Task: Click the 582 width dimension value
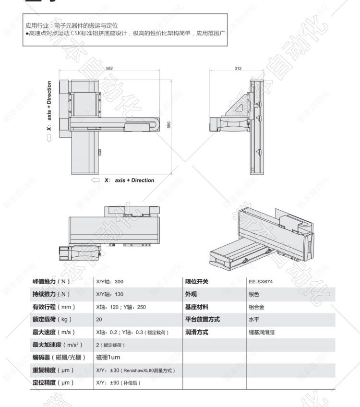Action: pos(109,68)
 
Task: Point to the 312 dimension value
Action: pos(238,68)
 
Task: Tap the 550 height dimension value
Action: pos(168,124)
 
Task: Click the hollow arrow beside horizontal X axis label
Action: pos(95,180)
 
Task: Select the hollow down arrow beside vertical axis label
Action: pos(49,138)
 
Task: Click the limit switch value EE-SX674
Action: pos(260,282)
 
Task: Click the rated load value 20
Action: pos(99,320)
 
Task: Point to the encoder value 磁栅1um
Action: pos(108,358)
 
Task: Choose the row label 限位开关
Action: pos(197,282)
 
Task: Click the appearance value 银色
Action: pos(253,294)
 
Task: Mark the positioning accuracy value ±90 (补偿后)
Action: pos(119,383)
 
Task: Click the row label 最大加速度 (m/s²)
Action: pos(57,345)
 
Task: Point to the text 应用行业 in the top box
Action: pos(36,26)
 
